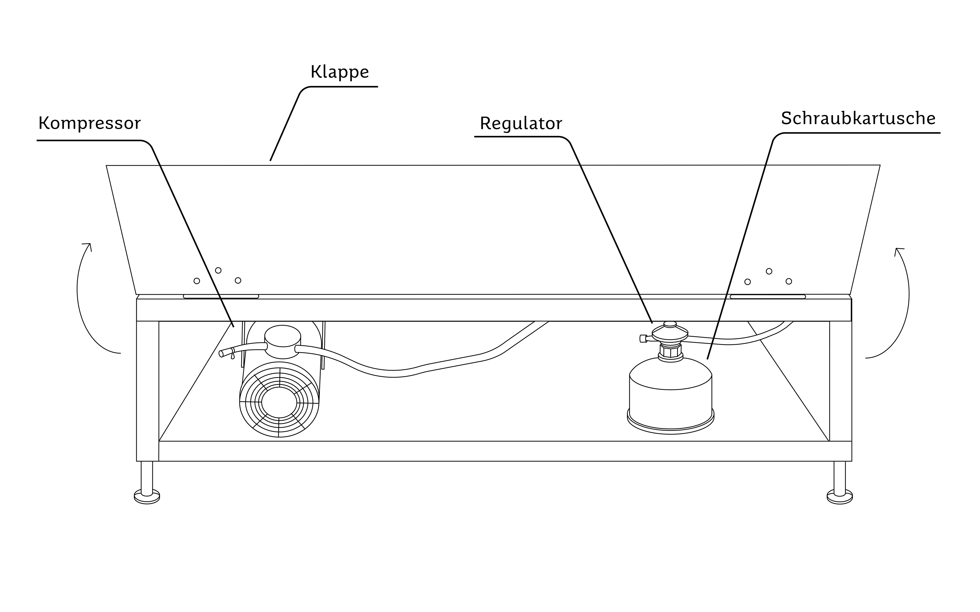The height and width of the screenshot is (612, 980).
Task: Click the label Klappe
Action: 340,72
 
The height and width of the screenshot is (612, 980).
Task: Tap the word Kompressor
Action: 90,123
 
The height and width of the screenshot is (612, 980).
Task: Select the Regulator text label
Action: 521,123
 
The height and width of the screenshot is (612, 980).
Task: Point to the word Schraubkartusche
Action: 858,118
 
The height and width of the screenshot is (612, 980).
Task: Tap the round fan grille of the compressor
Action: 279,400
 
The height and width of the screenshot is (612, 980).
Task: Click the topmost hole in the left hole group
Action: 218,270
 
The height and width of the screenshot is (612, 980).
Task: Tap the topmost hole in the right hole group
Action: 769,271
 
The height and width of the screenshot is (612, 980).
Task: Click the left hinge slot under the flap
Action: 221,297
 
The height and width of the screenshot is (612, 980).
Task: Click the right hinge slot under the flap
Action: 768,297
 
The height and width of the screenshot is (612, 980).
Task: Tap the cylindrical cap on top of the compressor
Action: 283,342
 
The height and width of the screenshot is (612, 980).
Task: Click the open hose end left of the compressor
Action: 221,354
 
